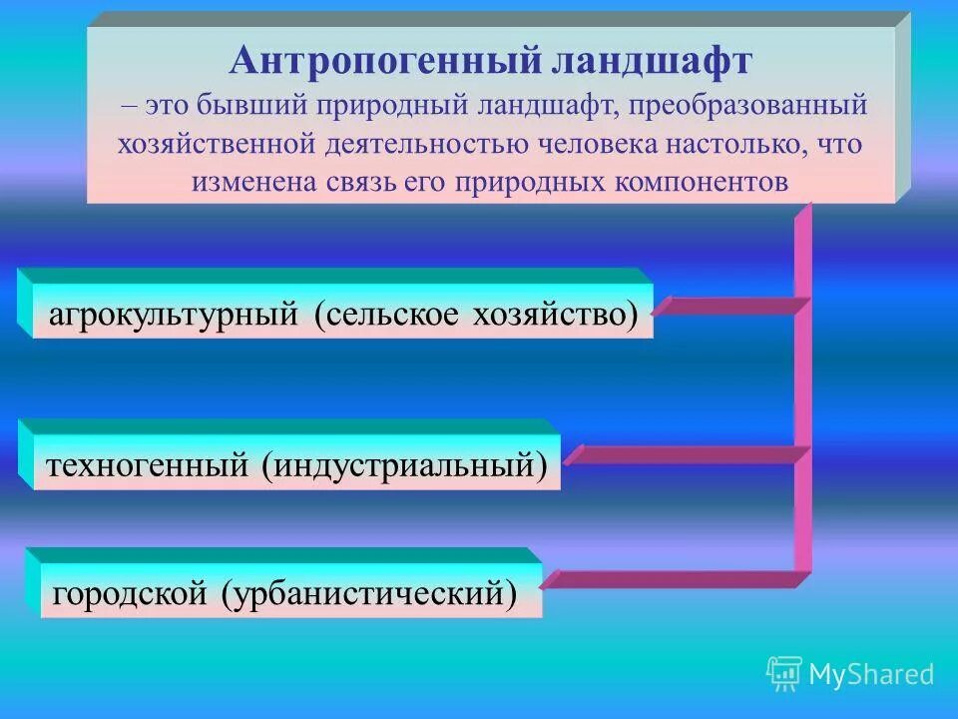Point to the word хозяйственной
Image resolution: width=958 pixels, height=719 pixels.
click(x=217, y=144)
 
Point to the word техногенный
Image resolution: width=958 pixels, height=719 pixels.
click(x=150, y=465)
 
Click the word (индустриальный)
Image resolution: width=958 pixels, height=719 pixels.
click(x=406, y=465)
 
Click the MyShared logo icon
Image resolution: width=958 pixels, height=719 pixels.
click(x=784, y=674)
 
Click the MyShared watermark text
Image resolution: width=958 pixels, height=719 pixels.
click(x=871, y=675)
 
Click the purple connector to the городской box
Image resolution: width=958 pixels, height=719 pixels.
click(x=674, y=578)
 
